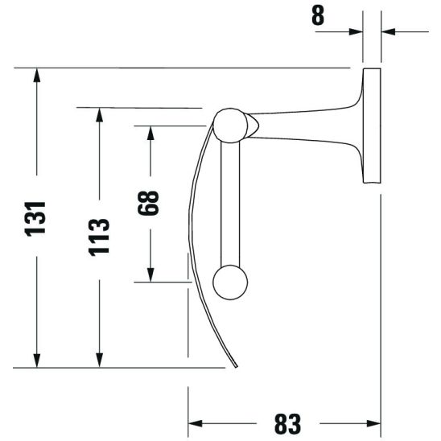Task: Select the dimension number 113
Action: pos(99,236)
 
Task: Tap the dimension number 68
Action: pos(149,202)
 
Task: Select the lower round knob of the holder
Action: pos(230,282)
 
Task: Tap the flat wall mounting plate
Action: pos(371,126)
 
